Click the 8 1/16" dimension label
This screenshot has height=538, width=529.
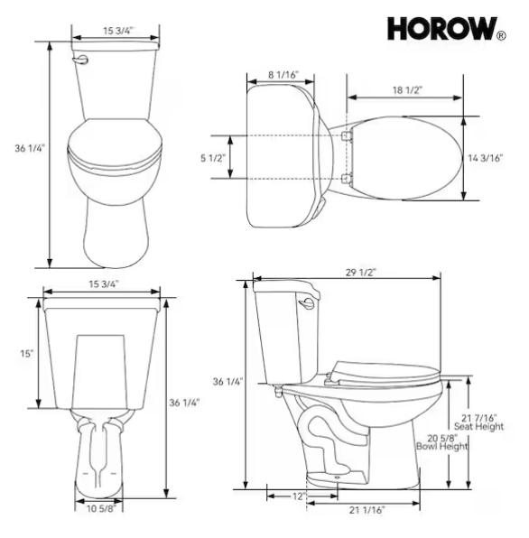click(x=283, y=74)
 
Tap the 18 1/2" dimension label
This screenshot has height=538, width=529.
click(x=407, y=90)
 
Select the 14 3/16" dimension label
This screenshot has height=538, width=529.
click(x=486, y=158)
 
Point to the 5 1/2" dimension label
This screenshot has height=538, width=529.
click(x=213, y=158)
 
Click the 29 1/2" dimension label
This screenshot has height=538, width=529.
click(x=360, y=272)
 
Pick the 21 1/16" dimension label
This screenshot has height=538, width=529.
click(x=367, y=510)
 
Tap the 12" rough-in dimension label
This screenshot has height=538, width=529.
click(x=299, y=496)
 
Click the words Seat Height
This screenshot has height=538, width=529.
click(x=479, y=426)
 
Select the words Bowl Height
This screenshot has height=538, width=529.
click(x=441, y=446)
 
